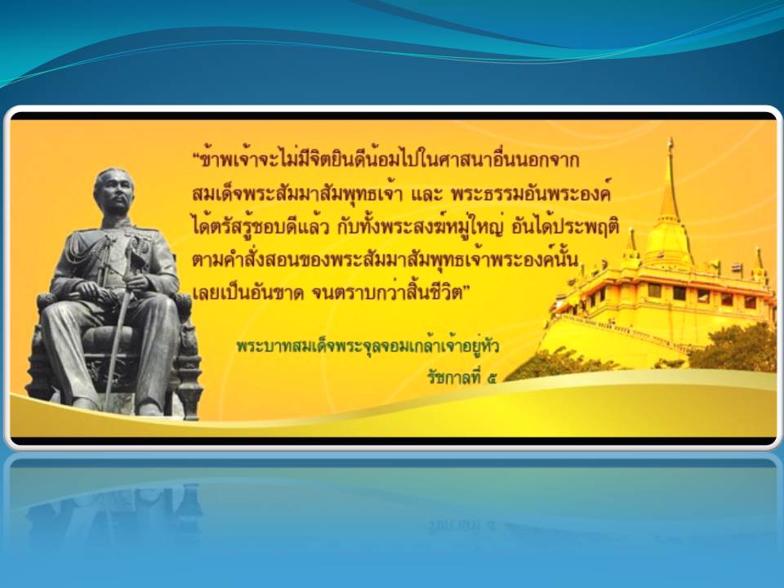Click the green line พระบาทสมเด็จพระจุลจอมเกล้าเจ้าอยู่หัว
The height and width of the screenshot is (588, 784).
pyautogui.click(x=368, y=346)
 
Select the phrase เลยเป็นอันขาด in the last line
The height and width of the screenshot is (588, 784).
pyautogui.click(x=248, y=293)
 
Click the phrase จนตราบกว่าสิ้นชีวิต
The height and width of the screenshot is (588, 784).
pyautogui.click(x=386, y=292)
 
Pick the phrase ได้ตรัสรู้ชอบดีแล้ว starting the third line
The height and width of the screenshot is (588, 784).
pyautogui.click(x=261, y=228)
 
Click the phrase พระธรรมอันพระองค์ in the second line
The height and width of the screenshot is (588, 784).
pyautogui.click(x=531, y=194)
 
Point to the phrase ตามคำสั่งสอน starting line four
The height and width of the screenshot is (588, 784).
pyautogui.click(x=245, y=260)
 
